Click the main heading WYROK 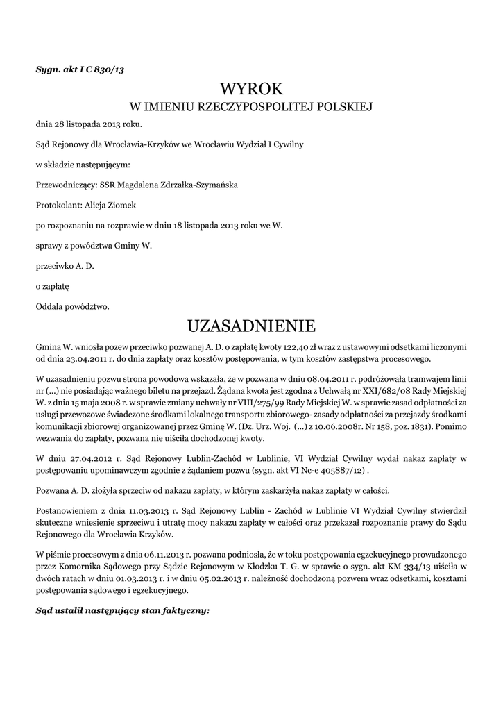tap(251, 89)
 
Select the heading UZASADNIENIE tap(251, 326)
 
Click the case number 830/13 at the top tap(106, 69)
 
